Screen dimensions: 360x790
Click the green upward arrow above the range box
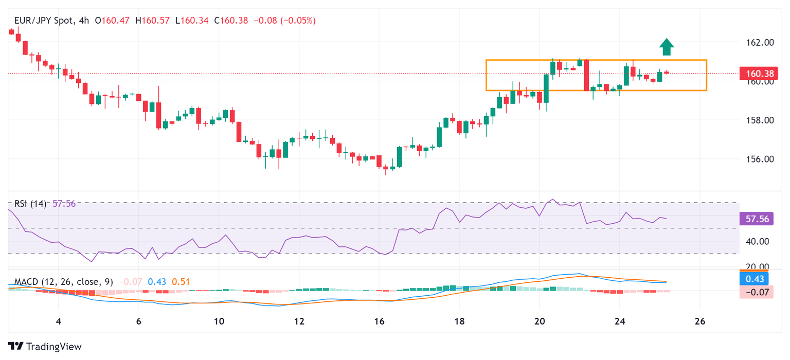coord(667,47)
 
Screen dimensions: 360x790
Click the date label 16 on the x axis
coord(379,321)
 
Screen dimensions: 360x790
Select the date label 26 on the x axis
coord(699,321)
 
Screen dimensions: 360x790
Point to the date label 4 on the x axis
coord(59,321)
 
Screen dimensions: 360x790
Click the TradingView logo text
coord(45,347)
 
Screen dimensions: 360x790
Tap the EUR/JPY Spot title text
coord(44,21)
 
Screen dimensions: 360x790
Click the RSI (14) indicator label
coord(30,204)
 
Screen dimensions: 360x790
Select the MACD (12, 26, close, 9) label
coord(63,282)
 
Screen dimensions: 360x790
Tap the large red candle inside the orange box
coord(586,75)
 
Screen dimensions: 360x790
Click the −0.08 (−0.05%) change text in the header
coord(283,21)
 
